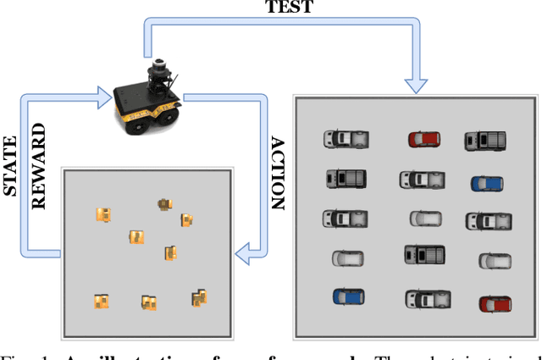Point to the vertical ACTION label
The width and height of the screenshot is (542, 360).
pos(277,174)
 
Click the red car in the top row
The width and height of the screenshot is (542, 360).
pos(423,138)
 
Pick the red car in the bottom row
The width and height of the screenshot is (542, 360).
pos(495,303)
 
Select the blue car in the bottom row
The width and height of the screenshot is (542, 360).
pos(349,296)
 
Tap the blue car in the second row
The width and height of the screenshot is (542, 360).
pos(487,183)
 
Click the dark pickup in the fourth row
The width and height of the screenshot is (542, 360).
pos(424,254)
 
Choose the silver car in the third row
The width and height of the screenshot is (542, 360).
pos(425,219)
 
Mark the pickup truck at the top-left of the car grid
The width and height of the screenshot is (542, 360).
pos(346,138)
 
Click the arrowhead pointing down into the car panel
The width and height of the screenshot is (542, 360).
pos(416,82)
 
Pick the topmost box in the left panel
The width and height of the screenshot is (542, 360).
pos(163,203)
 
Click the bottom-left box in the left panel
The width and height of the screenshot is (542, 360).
pos(101,300)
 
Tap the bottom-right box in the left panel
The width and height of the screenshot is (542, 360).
pos(200,296)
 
